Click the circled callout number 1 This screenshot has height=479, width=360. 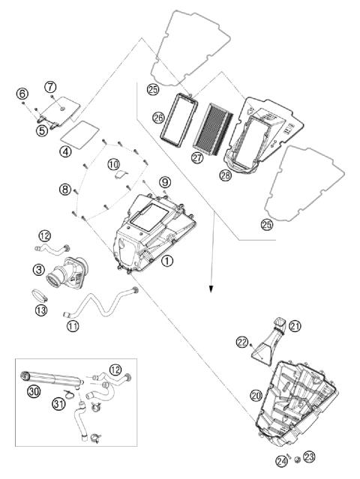point(167,261)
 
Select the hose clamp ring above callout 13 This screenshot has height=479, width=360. point(39,295)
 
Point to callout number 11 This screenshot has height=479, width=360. point(73,325)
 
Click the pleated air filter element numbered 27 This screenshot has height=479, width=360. point(214,129)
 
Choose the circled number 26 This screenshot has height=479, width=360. point(158,118)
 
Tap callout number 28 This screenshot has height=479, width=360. point(226,175)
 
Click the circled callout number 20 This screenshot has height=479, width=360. point(256,396)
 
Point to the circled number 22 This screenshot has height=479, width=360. point(242,343)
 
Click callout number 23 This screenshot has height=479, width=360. point(309,457)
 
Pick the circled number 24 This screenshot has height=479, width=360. point(282,461)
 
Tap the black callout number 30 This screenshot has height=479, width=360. point(34,391)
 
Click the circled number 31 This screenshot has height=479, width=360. point(59,404)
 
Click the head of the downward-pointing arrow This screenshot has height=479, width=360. point(211,289)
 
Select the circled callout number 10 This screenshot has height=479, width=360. point(113,165)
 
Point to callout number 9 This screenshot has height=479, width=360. point(165,183)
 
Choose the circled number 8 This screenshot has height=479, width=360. point(64,190)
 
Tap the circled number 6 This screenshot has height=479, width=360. point(22,94)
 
